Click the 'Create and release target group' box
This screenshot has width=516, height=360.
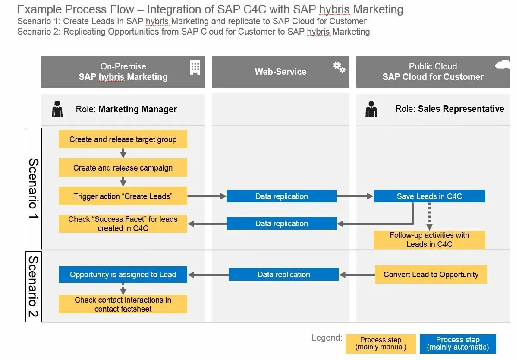[123, 139]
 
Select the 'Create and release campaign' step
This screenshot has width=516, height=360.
[123, 168]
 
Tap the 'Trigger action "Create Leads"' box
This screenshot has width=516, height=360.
[123, 196]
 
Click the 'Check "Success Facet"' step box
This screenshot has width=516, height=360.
[123, 224]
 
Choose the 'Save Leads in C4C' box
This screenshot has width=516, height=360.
[429, 196]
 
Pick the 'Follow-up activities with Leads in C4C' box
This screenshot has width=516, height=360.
[429, 240]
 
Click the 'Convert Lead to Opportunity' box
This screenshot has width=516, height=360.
[431, 275]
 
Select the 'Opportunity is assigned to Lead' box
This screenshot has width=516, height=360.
[123, 275]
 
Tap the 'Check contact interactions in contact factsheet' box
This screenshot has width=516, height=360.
[123, 304]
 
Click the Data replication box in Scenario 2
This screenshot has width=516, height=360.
[283, 275]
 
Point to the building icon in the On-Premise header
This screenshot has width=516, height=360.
[195, 68]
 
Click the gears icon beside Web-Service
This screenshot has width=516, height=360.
[339, 67]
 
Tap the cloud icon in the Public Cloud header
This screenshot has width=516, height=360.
[503, 65]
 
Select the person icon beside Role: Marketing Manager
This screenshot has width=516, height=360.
[57, 109]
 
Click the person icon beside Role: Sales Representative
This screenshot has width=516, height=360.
[371, 109]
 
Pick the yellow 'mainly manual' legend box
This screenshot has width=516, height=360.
[381, 344]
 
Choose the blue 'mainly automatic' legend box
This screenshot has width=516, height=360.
[458, 344]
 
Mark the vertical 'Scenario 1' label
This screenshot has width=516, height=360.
[34, 189]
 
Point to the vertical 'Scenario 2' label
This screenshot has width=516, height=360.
[34, 287]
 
